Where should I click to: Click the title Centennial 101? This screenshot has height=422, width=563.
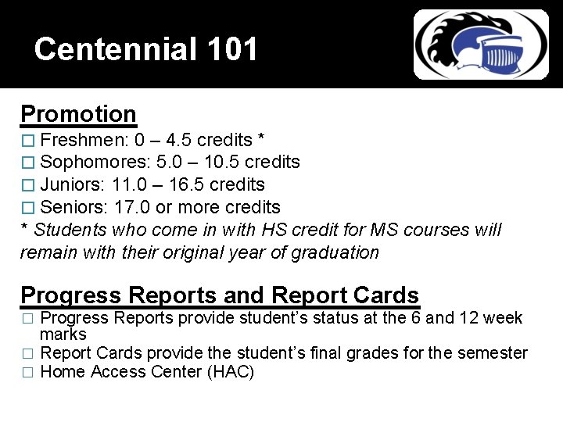tap(146, 49)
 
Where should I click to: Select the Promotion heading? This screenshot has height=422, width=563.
tap(78, 114)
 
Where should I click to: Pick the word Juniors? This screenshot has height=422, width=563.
tap(73, 184)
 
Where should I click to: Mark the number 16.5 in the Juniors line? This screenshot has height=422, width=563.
tap(191, 184)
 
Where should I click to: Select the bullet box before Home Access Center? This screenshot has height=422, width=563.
tap(27, 373)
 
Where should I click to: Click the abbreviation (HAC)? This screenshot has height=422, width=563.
tap(231, 372)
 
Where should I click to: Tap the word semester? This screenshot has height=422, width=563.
tap(492, 352)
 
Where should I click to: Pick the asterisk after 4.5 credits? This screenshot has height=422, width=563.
tap(260, 138)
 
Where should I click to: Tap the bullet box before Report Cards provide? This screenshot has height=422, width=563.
tap(27, 353)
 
